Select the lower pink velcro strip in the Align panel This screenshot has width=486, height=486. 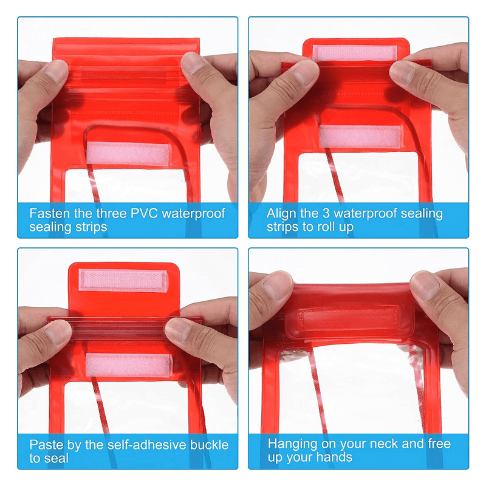(360, 137)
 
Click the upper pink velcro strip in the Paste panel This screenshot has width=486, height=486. (123, 280)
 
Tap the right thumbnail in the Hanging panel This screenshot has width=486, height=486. (428, 286)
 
